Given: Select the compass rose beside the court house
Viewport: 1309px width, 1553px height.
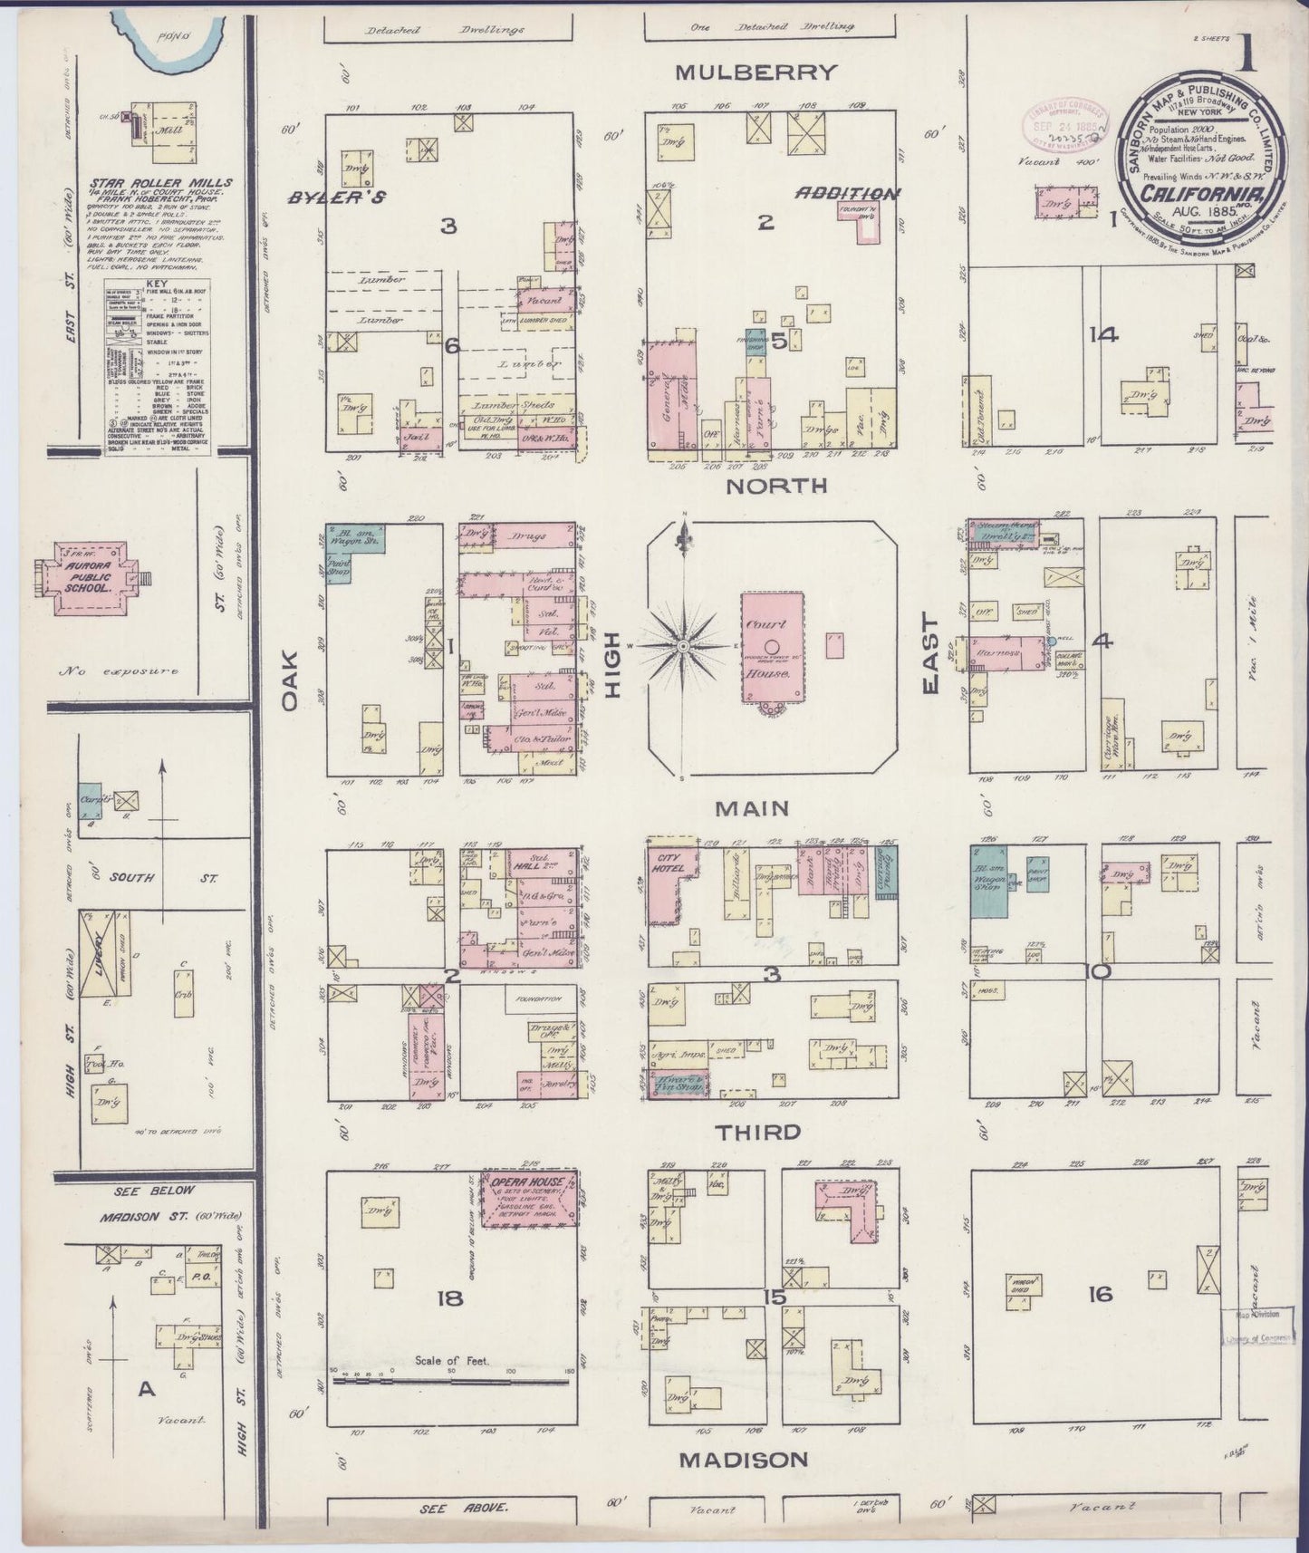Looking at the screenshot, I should point(683,645).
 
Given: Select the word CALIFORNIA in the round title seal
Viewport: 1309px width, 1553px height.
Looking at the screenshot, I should point(1200,194).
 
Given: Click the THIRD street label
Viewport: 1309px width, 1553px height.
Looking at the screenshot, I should point(758,1132).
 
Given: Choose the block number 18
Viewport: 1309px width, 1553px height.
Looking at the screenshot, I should point(449,1298).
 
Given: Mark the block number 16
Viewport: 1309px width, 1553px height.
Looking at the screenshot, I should point(1101,1294).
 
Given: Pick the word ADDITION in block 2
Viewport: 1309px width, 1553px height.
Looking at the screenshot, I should point(847,193).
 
